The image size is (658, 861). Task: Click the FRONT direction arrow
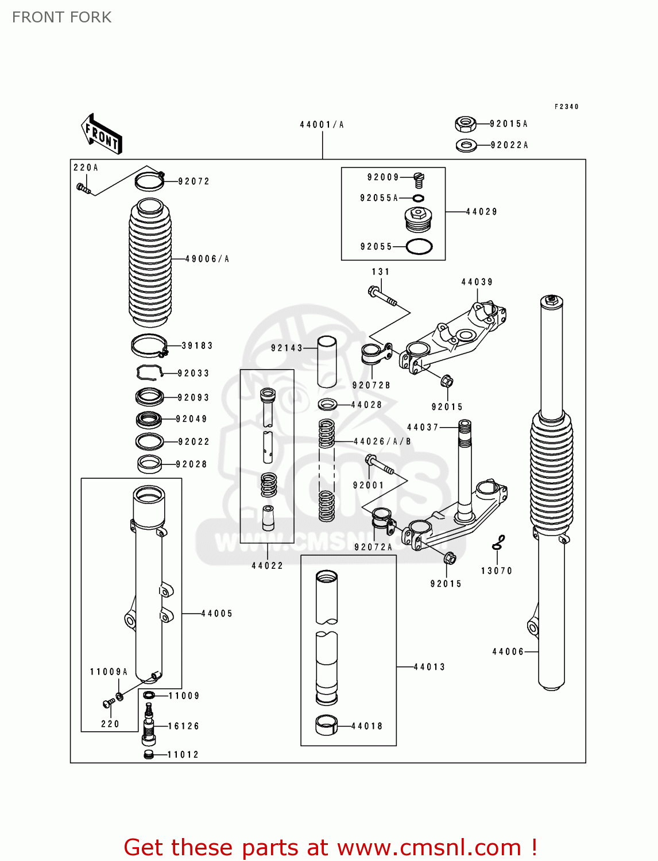pos(101,134)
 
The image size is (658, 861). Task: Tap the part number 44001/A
pos(322,125)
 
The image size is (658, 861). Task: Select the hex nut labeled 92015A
pos(465,123)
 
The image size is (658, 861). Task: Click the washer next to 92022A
pos(466,145)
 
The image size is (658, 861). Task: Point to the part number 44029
pos(481,212)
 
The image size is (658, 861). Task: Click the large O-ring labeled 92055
pos(419,247)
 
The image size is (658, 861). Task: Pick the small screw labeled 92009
pos(419,180)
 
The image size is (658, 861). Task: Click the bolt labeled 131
pos(382,296)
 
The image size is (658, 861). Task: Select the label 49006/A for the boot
pos(207,259)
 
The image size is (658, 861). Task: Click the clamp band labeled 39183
pos(149,346)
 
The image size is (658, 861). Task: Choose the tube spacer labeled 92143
pos(327,362)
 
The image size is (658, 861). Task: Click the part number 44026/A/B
pos(382,441)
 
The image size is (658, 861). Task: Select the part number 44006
pos(508,651)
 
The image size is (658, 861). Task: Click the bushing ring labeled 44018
pos(326,726)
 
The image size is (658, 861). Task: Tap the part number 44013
pos(429,667)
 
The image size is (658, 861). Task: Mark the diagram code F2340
pos(566,107)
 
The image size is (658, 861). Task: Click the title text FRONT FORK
pos(61,17)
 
